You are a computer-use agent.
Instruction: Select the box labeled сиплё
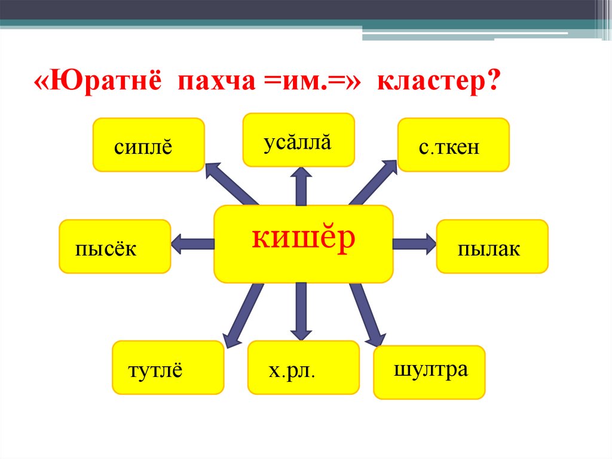[149, 145]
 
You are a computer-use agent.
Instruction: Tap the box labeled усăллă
[298, 139]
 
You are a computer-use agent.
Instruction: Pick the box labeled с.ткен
[454, 145]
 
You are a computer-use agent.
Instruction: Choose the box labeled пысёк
[115, 247]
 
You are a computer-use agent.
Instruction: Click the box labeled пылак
[492, 247]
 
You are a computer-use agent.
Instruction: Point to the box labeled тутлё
[168, 367]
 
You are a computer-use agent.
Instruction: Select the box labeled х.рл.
[304, 367]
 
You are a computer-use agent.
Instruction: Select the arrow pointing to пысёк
[192, 244]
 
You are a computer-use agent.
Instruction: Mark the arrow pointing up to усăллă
[301, 187]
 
